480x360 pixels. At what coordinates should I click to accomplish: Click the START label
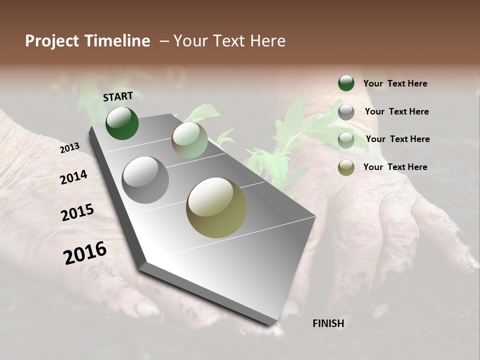pos(118,96)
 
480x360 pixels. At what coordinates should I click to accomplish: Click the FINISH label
pos(328,323)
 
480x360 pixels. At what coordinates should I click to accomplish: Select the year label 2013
pos(69,148)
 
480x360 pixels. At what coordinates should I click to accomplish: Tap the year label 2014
pos(73,177)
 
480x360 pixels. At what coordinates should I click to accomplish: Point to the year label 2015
pos(77,212)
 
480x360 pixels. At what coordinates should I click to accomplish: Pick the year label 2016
pos(85,252)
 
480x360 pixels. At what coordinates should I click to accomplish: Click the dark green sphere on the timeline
pos(122,123)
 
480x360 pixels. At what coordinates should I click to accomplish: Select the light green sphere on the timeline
pos(189,140)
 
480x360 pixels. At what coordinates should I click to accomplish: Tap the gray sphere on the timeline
pos(145,180)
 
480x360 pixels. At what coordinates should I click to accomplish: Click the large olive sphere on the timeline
pos(216,207)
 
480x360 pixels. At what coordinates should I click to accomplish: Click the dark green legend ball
pos(346,83)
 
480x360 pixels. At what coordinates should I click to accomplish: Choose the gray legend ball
pos(346,112)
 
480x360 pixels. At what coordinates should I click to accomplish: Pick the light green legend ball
pos(346,140)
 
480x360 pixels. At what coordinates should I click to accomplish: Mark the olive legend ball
pos(346,167)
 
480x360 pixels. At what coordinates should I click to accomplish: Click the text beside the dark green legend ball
pos(395,83)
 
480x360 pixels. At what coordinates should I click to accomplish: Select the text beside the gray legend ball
pos(396,111)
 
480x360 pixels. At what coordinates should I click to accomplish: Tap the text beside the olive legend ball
pos(395,167)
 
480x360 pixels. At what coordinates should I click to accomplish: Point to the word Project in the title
pos(52,41)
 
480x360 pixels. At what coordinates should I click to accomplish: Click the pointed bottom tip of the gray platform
pos(275,323)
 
